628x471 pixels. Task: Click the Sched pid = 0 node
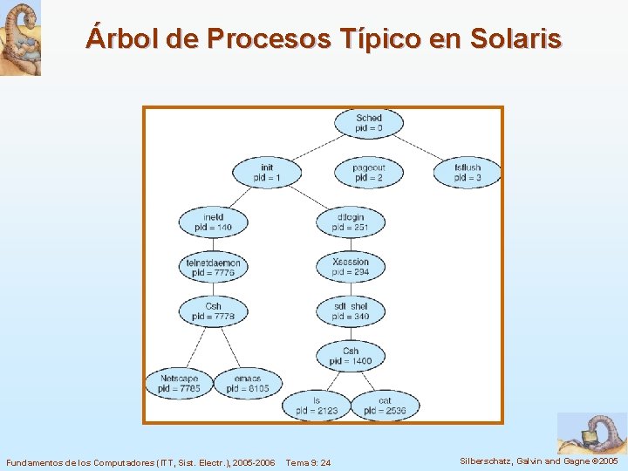[369, 123]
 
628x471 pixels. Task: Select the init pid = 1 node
[267, 172]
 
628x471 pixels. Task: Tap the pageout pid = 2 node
[369, 172]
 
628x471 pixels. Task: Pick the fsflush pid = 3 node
[468, 172]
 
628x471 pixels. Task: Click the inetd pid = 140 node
[213, 222]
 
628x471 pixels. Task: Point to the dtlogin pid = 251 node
[351, 222]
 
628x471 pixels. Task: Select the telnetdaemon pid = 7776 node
[213, 267]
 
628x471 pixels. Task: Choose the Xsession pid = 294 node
[351, 267]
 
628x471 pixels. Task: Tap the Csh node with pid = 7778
[213, 311]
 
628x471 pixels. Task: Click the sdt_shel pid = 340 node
[351, 311]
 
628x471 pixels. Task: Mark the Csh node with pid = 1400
[351, 356]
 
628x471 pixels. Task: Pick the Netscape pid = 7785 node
[180, 384]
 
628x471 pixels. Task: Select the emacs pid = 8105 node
[248, 384]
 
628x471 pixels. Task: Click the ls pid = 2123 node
[316, 406]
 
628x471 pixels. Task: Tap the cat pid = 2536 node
[385, 406]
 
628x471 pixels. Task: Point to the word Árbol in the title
[116, 38]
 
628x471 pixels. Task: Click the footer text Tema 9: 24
[308, 461]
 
